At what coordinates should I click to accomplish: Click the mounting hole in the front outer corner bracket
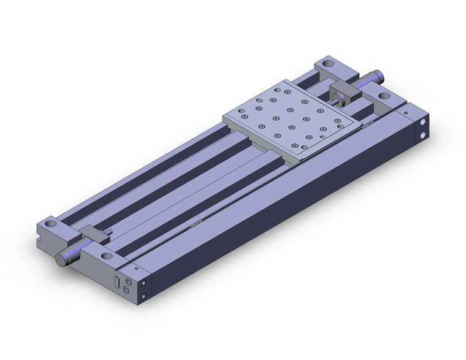pyautogui.click(x=50, y=225)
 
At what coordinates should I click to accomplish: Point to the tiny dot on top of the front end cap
pyautogui.click(x=134, y=267)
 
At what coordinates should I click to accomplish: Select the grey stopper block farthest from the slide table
pyautogui.click(x=96, y=234)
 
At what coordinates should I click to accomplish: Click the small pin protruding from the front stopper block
pyautogui.click(x=109, y=232)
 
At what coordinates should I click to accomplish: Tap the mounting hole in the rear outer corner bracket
pyautogui.click(x=327, y=63)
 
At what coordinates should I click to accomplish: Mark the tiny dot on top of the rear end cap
pyautogui.click(x=405, y=113)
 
